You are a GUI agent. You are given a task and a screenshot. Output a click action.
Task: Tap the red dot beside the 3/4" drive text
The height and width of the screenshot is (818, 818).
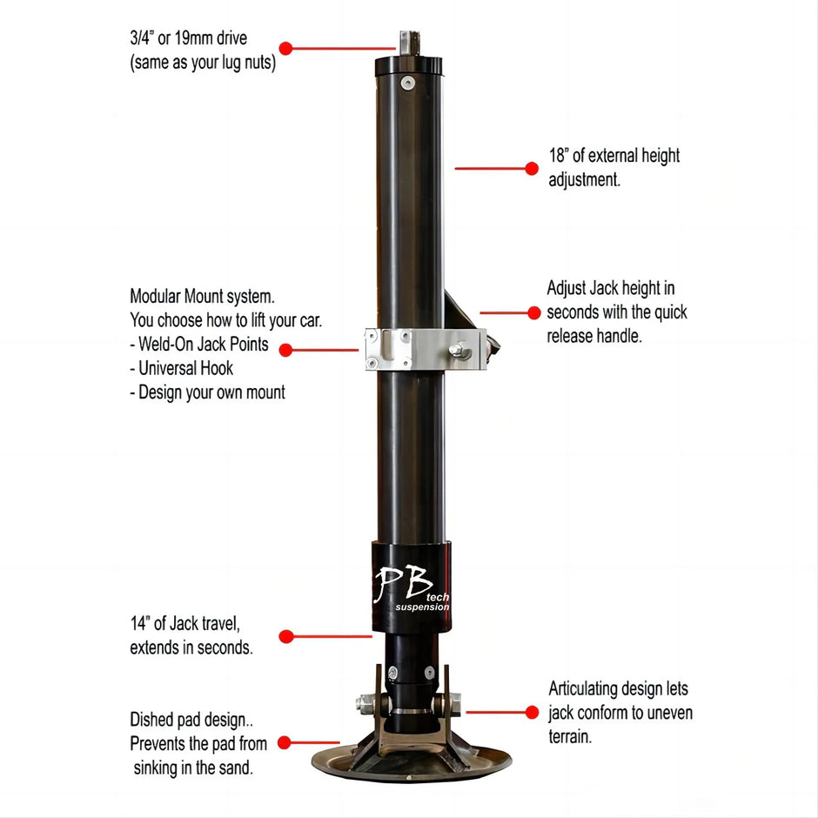[x=285, y=48]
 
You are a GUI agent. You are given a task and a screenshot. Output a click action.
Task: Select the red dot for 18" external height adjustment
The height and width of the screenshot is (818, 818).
[x=532, y=169]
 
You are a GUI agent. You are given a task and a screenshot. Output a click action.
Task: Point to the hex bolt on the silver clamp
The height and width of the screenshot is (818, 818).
[x=455, y=351]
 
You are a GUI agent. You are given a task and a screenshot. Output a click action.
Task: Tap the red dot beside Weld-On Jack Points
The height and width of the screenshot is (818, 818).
[x=285, y=350]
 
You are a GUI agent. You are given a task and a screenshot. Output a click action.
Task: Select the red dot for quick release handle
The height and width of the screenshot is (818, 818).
[x=534, y=312]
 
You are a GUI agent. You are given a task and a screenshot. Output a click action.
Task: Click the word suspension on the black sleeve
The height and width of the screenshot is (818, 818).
[x=422, y=607]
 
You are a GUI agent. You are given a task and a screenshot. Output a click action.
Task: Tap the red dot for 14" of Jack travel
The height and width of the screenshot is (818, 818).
[x=285, y=637]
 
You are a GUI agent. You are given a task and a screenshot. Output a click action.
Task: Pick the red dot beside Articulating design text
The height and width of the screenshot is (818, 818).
[x=532, y=712]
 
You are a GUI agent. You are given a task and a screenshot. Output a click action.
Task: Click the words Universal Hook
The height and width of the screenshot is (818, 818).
[x=186, y=368]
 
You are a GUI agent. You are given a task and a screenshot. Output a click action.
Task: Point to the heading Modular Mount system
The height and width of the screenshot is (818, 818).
[x=202, y=296]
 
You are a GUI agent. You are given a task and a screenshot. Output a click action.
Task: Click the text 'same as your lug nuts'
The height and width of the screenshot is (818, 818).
[x=203, y=63]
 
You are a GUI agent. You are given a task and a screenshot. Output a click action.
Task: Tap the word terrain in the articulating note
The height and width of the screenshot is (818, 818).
[x=570, y=736]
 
